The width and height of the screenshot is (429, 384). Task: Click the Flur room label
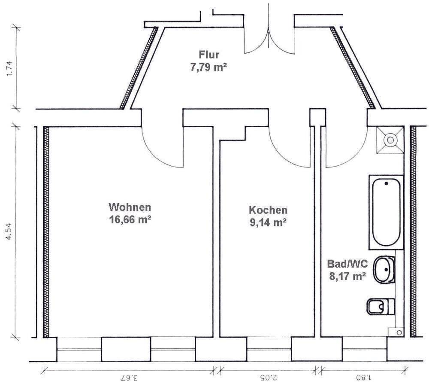coord(209,55)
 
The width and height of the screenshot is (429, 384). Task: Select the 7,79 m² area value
coord(209,67)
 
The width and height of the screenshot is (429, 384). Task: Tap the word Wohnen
coord(130,207)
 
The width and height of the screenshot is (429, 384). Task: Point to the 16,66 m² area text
coord(130,219)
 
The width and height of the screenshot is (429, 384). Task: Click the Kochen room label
coord(268,210)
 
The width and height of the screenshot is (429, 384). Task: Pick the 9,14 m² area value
coord(268,222)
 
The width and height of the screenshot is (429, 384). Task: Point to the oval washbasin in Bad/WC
coord(384,270)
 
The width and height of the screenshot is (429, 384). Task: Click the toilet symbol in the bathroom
coord(380,306)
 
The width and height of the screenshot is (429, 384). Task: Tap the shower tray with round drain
coord(390,140)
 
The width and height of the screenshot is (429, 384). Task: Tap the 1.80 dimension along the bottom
coord(363,377)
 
